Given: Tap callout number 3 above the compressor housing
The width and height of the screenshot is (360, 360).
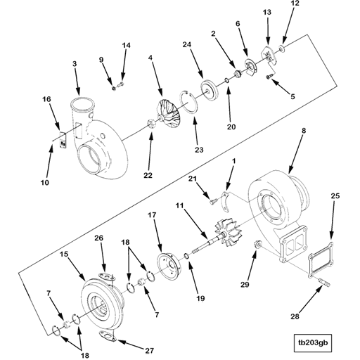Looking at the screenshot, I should tap(75, 65).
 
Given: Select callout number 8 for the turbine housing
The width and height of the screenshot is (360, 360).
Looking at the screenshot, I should tap(304, 131).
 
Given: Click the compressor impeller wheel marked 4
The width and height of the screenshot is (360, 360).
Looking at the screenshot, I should tap(167, 113).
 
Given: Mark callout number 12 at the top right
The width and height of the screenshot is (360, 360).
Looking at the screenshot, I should tap(295, 4).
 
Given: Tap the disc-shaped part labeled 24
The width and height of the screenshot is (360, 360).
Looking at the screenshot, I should tap(210, 89).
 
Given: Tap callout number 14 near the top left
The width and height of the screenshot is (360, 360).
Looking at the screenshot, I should tap(127, 46).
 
